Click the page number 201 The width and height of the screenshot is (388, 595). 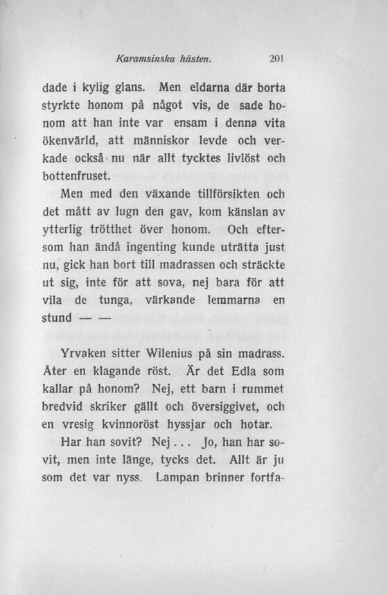277,59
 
